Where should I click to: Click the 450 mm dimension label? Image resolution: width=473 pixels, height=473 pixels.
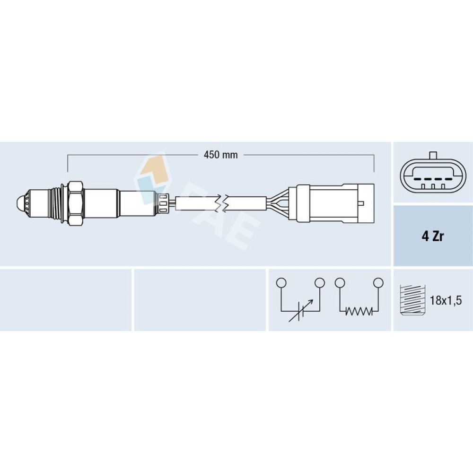(x=220, y=155)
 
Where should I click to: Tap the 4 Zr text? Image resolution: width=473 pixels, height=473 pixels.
(x=433, y=236)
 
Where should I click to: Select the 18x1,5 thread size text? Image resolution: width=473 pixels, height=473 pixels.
(x=446, y=300)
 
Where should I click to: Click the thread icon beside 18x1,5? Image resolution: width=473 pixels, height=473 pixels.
(x=412, y=300)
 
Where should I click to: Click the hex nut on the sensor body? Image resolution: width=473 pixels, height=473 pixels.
(x=75, y=203)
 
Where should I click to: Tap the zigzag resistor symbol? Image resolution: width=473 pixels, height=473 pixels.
(x=359, y=311)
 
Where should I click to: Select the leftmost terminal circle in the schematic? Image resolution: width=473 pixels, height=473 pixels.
(x=281, y=283)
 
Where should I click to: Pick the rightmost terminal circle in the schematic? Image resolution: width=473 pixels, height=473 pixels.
(x=378, y=283)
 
